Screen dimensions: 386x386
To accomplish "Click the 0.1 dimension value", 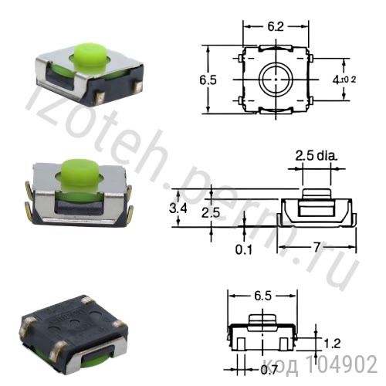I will point(243,249).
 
